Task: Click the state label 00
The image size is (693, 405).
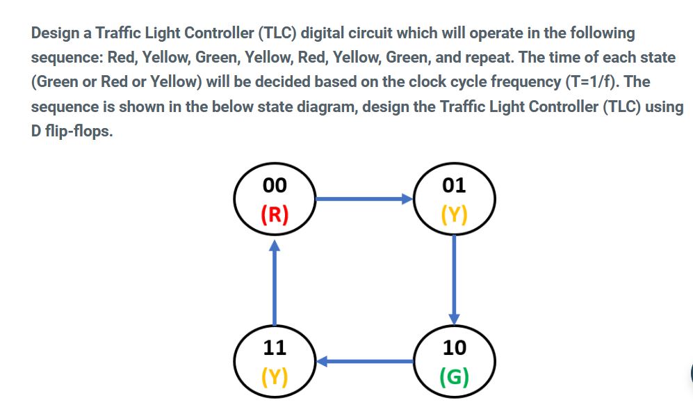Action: pos(275,185)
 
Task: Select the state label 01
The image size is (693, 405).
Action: pos(454,185)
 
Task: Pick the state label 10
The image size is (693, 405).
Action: pos(454,347)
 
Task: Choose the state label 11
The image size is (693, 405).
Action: pos(275,347)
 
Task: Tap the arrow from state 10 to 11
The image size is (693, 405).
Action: pos(366,361)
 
